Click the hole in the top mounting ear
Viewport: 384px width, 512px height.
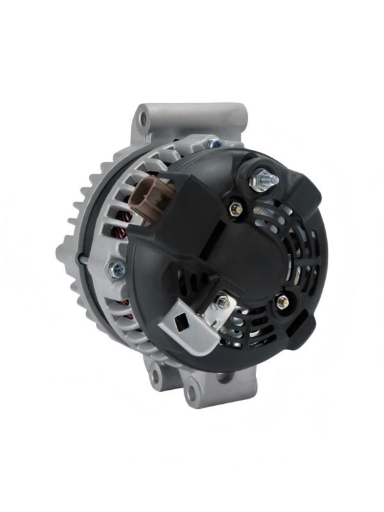[142, 119]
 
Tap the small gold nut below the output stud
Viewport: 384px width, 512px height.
[234, 208]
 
